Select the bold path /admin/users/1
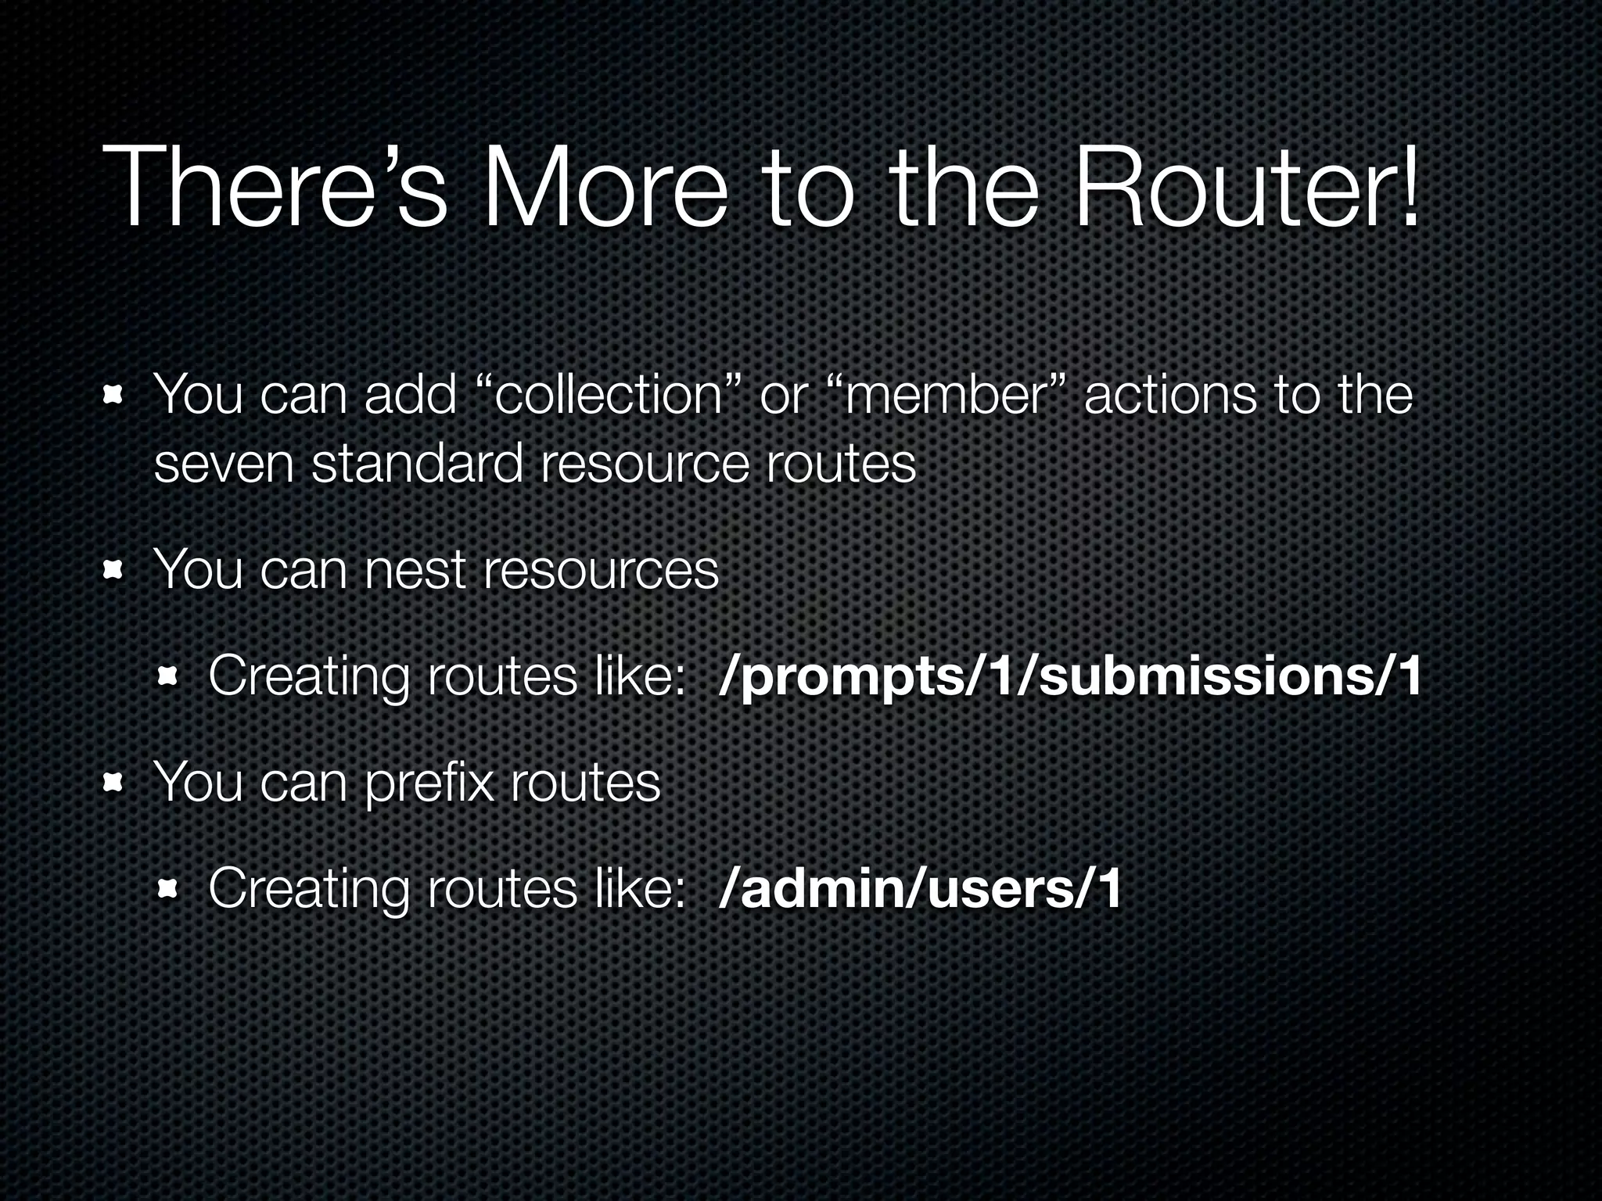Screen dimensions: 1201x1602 tap(920, 889)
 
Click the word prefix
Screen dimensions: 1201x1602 tap(430, 783)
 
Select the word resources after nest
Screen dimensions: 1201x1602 tap(601, 570)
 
